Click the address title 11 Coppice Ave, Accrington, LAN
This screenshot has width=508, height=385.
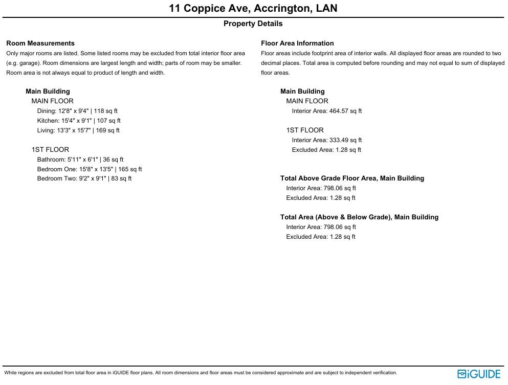(x=253, y=9)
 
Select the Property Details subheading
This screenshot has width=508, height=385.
(x=253, y=24)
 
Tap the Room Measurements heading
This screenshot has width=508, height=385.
(x=40, y=43)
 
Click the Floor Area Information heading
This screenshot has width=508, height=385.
(x=297, y=43)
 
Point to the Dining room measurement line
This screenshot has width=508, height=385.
(x=77, y=111)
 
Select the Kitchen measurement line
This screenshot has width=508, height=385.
(x=79, y=121)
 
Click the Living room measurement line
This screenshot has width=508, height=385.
(x=78, y=130)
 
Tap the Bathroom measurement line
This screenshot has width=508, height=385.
(x=80, y=160)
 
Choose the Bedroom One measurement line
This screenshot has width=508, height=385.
(x=90, y=169)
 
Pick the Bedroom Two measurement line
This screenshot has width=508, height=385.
(x=84, y=178)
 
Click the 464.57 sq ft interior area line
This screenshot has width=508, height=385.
(x=327, y=111)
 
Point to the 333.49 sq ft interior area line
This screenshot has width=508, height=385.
(x=327, y=140)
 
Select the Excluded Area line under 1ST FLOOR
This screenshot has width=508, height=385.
(x=326, y=150)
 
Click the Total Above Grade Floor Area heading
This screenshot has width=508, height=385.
(x=352, y=178)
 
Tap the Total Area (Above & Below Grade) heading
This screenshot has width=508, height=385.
(x=359, y=217)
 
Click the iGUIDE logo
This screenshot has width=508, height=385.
(x=479, y=374)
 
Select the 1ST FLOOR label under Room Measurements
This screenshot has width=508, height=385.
(x=50, y=150)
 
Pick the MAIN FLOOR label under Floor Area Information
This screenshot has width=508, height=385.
(x=307, y=101)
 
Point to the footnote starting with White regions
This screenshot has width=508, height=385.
(x=201, y=373)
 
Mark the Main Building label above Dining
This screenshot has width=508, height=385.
(x=48, y=92)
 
